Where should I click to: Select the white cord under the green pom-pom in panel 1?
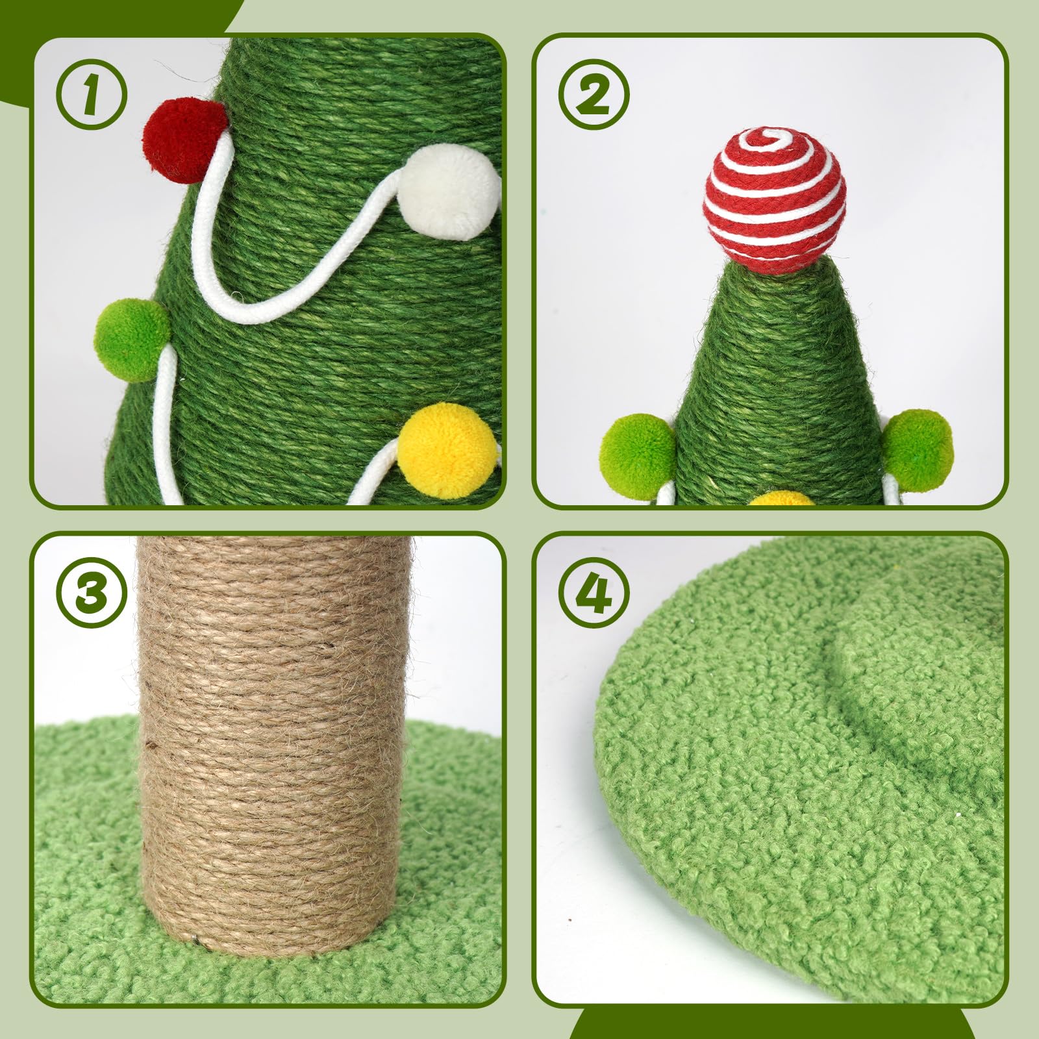tap(166, 429)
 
